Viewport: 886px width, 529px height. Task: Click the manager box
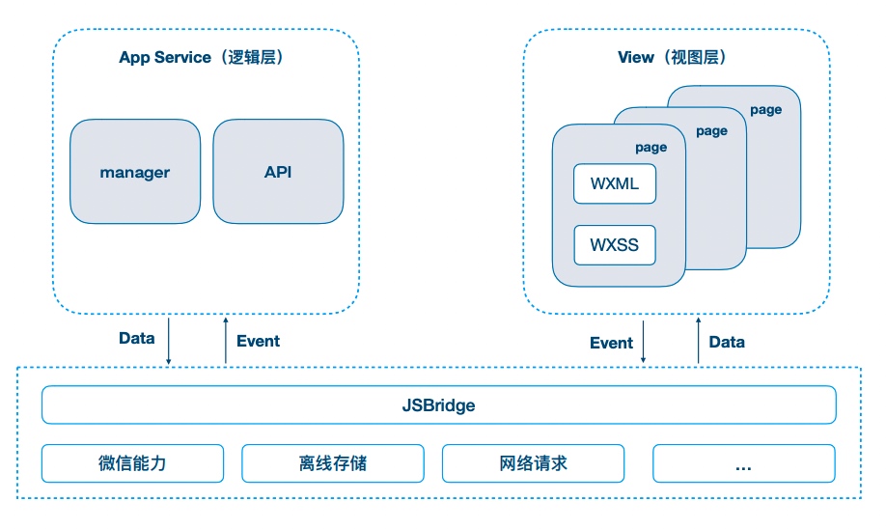pyautogui.click(x=135, y=171)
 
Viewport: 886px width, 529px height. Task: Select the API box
pyautogui.click(x=278, y=171)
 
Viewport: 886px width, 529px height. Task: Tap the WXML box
pyautogui.click(x=615, y=183)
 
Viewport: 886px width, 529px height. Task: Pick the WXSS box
pyautogui.click(x=615, y=245)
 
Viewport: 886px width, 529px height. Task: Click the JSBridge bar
pyautogui.click(x=438, y=404)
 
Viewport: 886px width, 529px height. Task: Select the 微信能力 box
pyautogui.click(x=133, y=463)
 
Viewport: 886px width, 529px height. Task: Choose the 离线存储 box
pyautogui.click(x=333, y=463)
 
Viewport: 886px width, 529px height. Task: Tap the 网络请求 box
pyautogui.click(x=534, y=463)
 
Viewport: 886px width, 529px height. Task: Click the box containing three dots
pyautogui.click(x=743, y=463)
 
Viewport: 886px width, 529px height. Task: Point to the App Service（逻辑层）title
pyautogui.click(x=201, y=57)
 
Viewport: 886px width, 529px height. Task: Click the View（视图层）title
pyautogui.click(x=673, y=57)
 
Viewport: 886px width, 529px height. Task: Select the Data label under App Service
pyautogui.click(x=137, y=338)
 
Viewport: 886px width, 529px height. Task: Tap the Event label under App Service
pyautogui.click(x=259, y=341)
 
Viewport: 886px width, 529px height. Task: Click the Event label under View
pyautogui.click(x=611, y=343)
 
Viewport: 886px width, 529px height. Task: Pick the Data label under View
pyautogui.click(x=727, y=342)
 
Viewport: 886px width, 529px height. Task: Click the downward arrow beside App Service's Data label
pyautogui.click(x=168, y=341)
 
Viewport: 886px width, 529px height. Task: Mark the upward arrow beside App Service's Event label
pyautogui.click(x=226, y=340)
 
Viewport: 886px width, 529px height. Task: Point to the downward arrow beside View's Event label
pyautogui.click(x=643, y=342)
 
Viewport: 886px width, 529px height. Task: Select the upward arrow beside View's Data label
pyautogui.click(x=699, y=340)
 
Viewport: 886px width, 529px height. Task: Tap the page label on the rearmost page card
pyautogui.click(x=766, y=110)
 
